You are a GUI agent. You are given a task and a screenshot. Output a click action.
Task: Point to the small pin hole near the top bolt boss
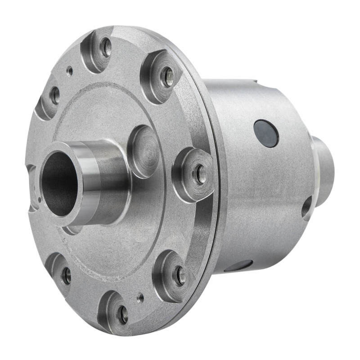[69, 71]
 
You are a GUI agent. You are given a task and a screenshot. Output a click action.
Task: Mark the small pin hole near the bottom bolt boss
[140, 297]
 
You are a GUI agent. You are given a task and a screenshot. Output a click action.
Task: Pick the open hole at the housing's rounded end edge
[306, 208]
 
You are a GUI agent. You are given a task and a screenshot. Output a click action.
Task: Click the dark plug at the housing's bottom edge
[238, 266]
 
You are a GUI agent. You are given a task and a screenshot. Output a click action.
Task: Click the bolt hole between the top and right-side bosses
[167, 76]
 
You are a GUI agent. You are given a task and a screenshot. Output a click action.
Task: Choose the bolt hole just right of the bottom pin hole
[179, 275]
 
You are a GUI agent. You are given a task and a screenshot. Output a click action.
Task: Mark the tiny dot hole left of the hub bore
[40, 198]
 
